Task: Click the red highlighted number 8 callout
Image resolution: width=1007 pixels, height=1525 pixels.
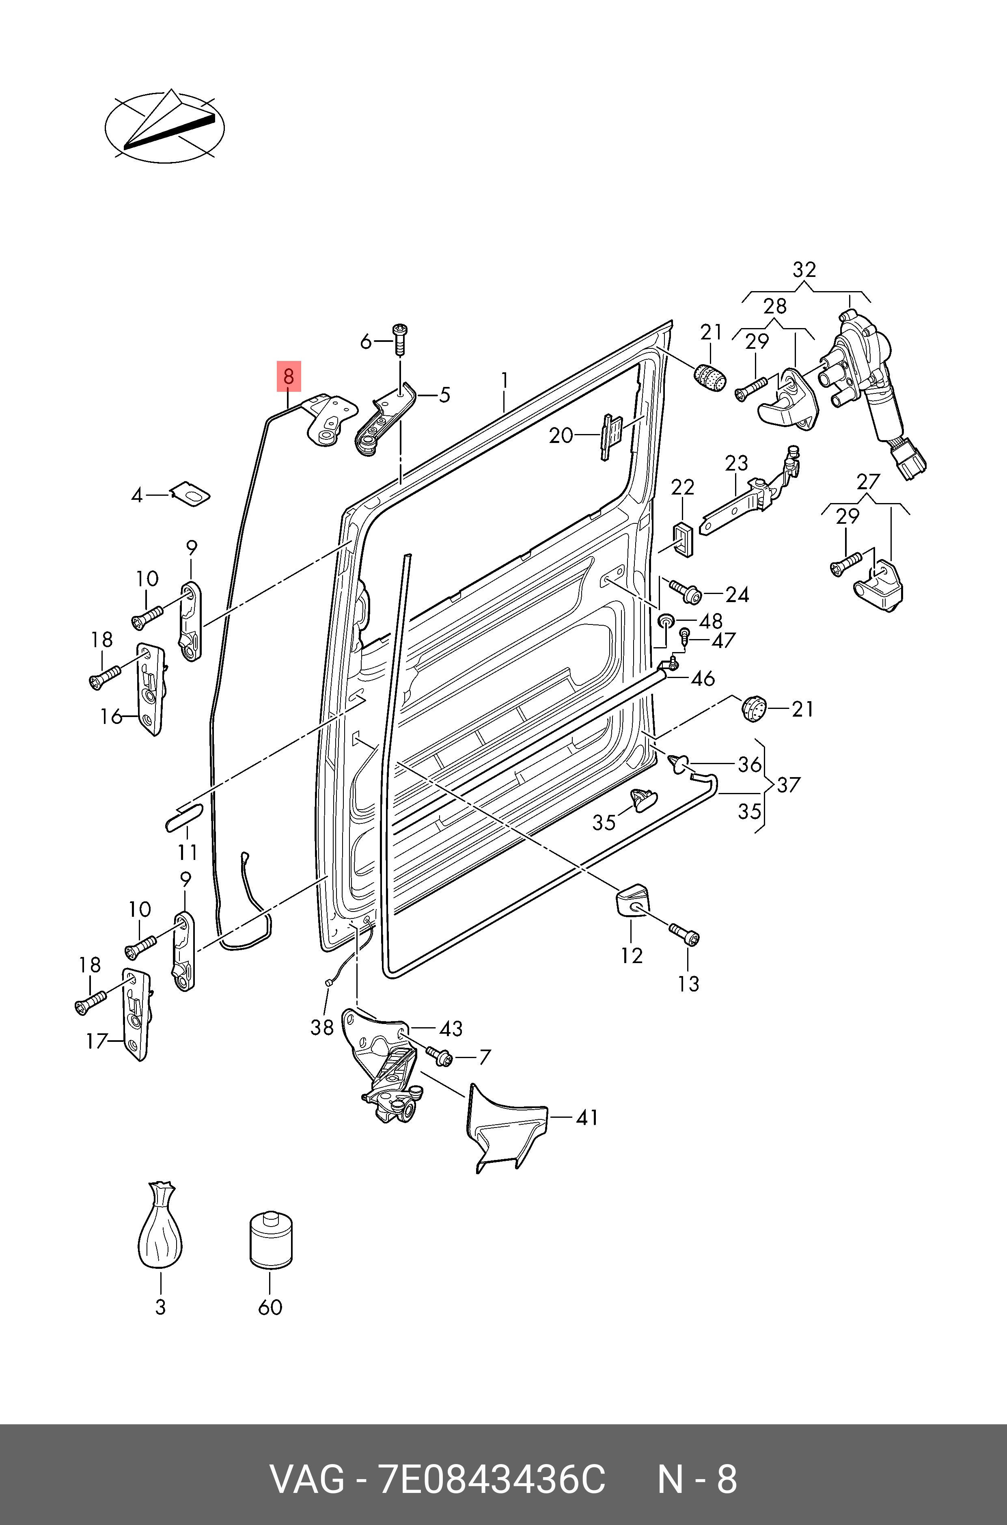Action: click(x=288, y=376)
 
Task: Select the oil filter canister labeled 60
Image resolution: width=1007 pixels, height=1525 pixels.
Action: click(x=270, y=1240)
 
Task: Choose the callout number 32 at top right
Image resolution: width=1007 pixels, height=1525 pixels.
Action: click(x=804, y=269)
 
